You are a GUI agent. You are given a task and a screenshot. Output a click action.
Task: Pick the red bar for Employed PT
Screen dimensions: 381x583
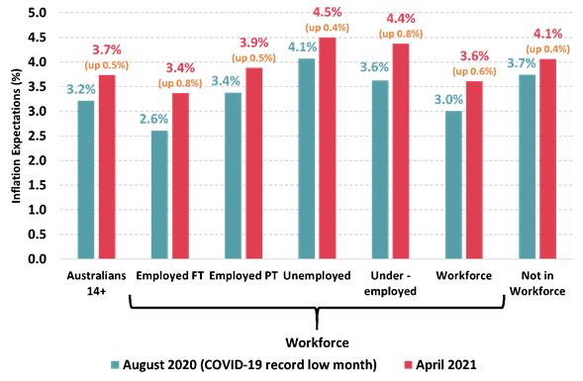(x=255, y=163)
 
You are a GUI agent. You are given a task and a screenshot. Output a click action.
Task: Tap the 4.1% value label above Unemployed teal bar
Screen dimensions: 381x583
(x=303, y=47)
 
